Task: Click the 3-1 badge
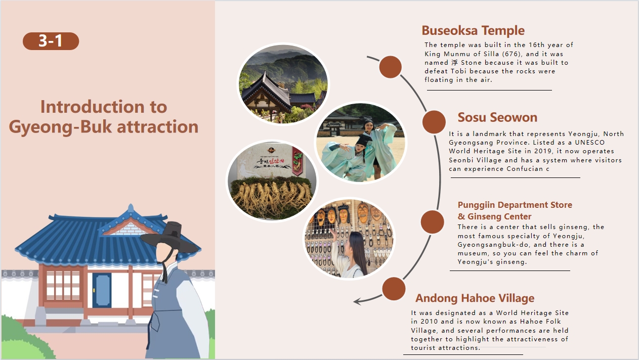(x=51, y=41)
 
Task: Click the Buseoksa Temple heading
(x=473, y=30)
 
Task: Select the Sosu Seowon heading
(x=497, y=117)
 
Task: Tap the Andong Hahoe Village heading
(x=475, y=298)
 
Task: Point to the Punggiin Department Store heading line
(x=515, y=205)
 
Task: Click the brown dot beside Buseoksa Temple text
(x=390, y=67)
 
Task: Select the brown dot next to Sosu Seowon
(x=434, y=122)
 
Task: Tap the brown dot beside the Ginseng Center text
(x=432, y=222)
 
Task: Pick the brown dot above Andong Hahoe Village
(x=394, y=289)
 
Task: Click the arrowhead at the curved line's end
(x=357, y=301)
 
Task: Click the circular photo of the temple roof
(x=283, y=84)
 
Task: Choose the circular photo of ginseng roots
(x=272, y=181)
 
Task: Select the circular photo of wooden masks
(x=349, y=239)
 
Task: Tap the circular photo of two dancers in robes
(x=361, y=143)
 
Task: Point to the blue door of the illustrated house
(x=102, y=290)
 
